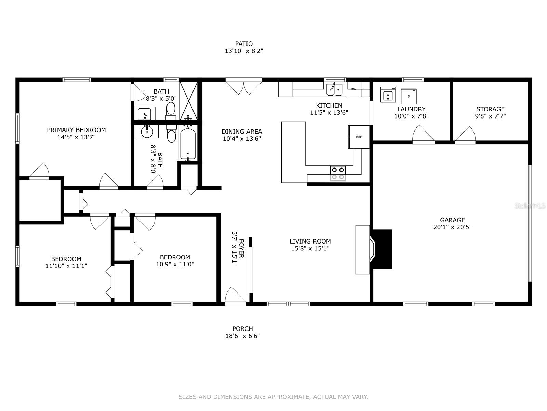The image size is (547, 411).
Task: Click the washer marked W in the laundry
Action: (x=388, y=95)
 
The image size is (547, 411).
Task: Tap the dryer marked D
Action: (x=409, y=96)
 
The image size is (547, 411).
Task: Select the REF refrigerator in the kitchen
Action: (x=359, y=137)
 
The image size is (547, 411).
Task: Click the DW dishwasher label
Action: (x=353, y=89)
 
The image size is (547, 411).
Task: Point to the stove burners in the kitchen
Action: (x=338, y=173)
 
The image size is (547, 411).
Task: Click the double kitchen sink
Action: (x=334, y=90)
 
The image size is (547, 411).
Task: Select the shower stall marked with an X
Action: (x=189, y=100)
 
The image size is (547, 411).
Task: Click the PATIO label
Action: (x=244, y=44)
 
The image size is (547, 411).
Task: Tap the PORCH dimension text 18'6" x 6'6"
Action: (x=243, y=336)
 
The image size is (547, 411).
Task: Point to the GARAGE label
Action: (x=452, y=220)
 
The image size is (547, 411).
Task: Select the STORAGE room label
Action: (x=490, y=109)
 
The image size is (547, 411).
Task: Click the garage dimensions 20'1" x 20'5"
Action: (x=452, y=227)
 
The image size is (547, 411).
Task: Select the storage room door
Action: (x=465, y=135)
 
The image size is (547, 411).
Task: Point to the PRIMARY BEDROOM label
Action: (x=76, y=130)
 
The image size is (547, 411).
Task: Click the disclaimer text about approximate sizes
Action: (x=273, y=397)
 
